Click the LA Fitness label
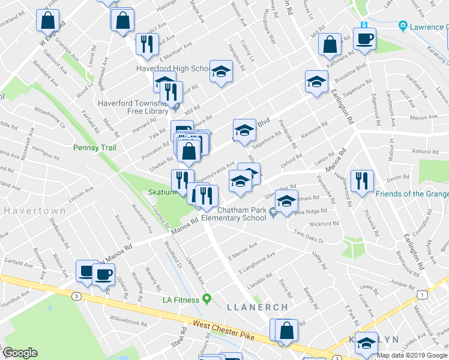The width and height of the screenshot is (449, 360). tap(181, 299)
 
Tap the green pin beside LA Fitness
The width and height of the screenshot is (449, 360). tap(208, 298)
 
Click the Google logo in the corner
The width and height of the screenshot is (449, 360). tap(20, 353)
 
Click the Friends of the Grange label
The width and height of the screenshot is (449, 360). tap(412, 194)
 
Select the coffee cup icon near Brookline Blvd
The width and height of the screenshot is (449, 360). tap(364, 40)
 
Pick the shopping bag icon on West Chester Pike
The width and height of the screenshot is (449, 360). tap(287, 330)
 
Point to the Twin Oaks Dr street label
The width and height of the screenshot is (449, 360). tap(309, 236)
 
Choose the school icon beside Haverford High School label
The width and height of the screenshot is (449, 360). tap(221, 72)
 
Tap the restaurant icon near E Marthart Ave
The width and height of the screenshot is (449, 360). tap(146, 43)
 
